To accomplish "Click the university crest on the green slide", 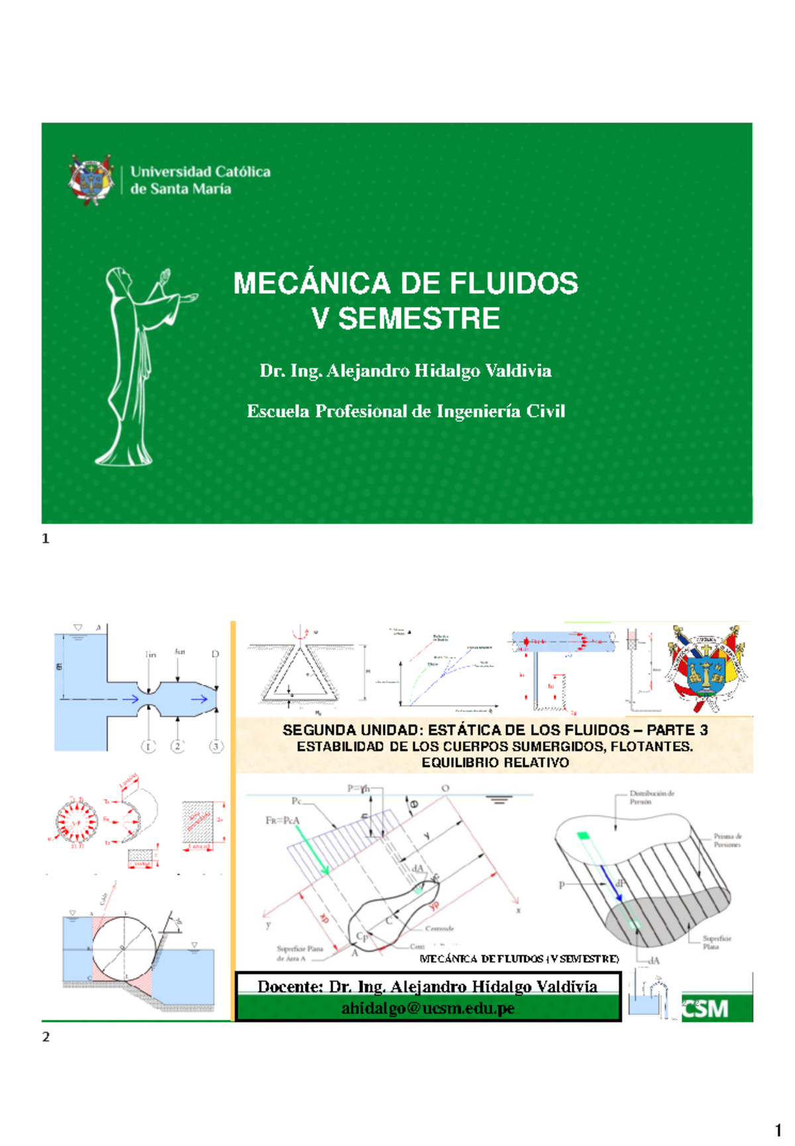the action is coord(91,180).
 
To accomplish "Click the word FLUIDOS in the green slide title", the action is coord(514,284).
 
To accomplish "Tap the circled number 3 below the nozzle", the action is coord(215,747).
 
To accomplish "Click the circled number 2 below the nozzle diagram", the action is coord(177,747).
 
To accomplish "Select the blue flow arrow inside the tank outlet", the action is coord(130,699).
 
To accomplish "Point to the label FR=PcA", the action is coord(282,820).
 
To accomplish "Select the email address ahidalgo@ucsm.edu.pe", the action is coord(428,1008).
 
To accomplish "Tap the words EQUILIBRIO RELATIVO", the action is coord(495,762).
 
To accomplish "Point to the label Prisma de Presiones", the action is coord(727,840).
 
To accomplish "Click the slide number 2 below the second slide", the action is coord(46,1037).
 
